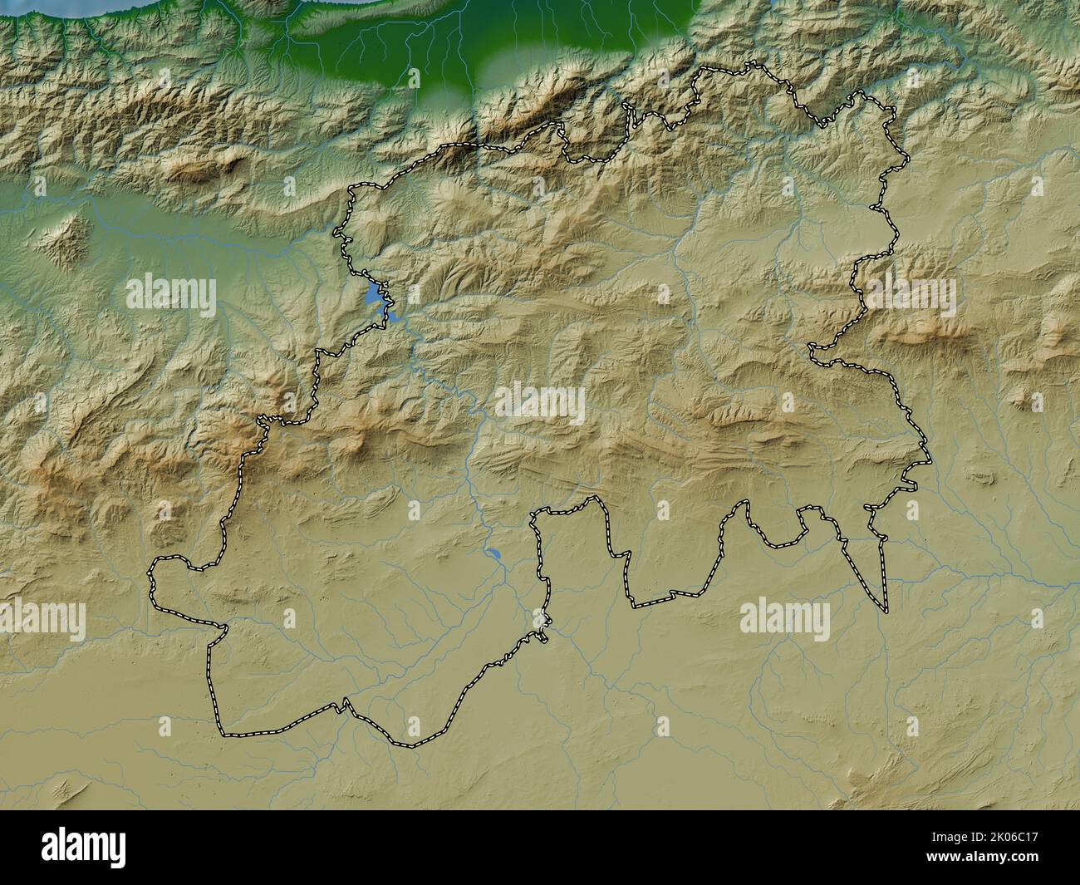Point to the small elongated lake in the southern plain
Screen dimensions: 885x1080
(493, 553)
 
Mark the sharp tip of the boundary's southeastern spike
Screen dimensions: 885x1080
(886, 611)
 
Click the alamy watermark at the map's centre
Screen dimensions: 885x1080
(540, 403)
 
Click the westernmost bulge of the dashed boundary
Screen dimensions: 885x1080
(153, 578)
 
